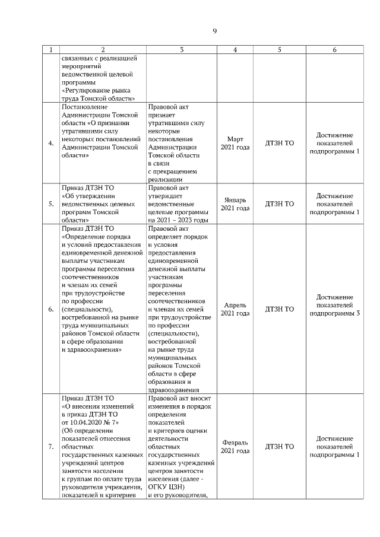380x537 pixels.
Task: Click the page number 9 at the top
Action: [x=215, y=31]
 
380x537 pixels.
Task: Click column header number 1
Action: [x=50, y=50]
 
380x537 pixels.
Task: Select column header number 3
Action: [x=182, y=50]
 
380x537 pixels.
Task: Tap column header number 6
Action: [x=335, y=50]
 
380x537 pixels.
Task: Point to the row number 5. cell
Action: [x=50, y=204]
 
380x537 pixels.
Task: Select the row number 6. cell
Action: [x=50, y=309]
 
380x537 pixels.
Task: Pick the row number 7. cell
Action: [x=50, y=446]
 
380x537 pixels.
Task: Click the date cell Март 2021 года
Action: [x=235, y=144]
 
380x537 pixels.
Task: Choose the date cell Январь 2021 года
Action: [x=235, y=204]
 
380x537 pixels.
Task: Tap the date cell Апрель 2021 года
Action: [x=235, y=309]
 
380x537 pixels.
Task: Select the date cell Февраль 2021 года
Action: [x=235, y=446]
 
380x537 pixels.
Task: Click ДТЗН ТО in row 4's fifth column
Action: [x=279, y=144]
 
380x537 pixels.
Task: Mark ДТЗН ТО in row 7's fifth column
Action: [x=279, y=446]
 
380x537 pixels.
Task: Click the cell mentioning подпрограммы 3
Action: [x=335, y=309]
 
